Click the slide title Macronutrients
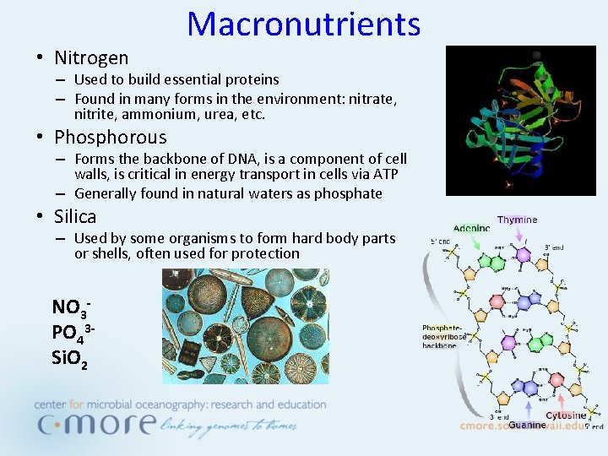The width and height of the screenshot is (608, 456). pyautogui.click(x=303, y=24)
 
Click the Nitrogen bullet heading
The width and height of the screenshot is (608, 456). pyautogui.click(x=91, y=58)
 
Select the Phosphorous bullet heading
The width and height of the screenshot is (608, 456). pyautogui.click(x=110, y=137)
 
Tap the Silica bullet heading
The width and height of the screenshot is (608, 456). pyautogui.click(x=75, y=216)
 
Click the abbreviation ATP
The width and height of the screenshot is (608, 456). pyautogui.click(x=384, y=174)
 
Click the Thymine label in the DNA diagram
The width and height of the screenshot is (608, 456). pyautogui.click(x=517, y=220)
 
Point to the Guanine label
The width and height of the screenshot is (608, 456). pyautogui.click(x=526, y=426)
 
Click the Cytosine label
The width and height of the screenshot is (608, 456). pyautogui.click(x=566, y=415)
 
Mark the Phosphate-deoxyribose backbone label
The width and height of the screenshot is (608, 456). pyautogui.click(x=443, y=336)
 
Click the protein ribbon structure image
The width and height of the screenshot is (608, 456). pyautogui.click(x=520, y=121)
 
